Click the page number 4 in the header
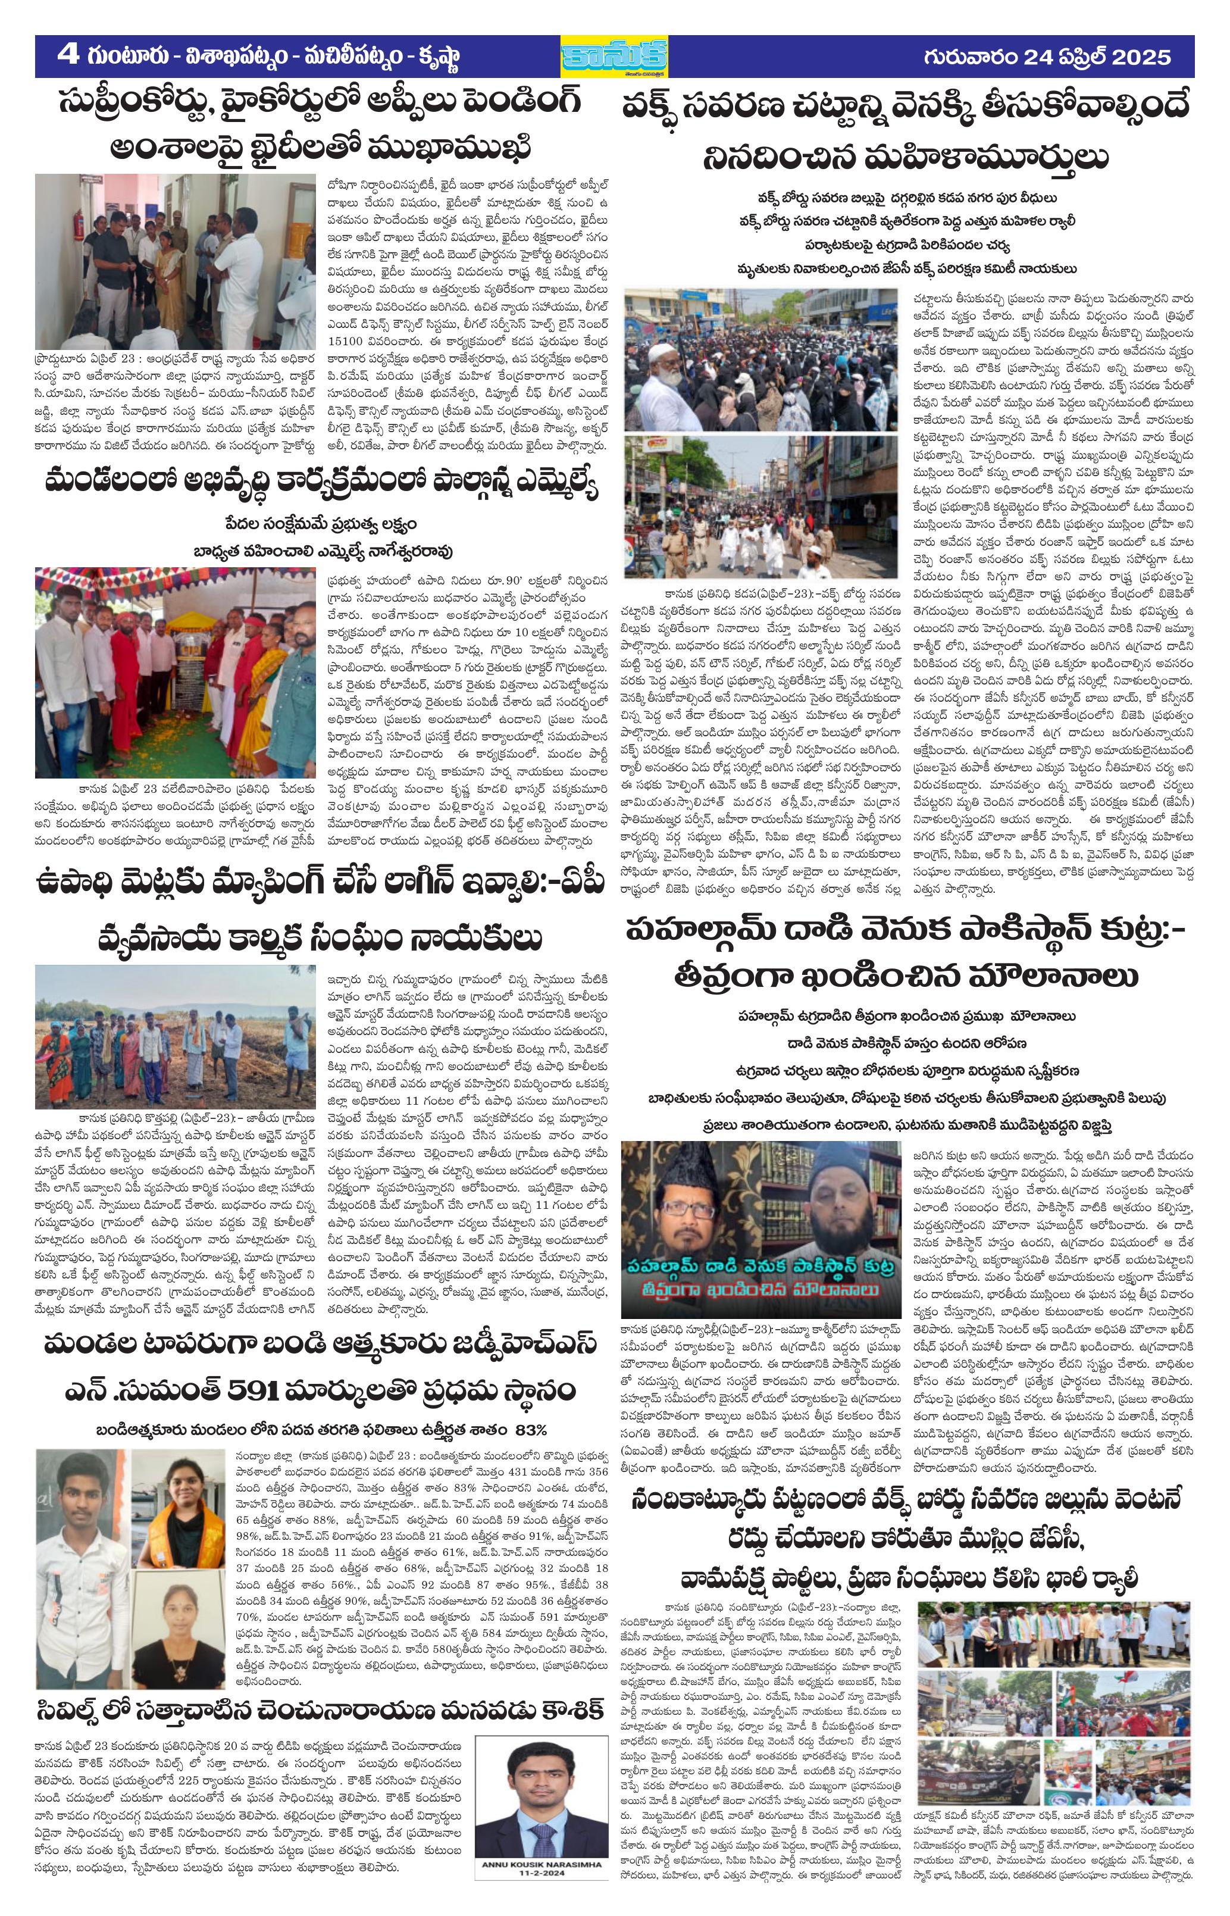coord(68,56)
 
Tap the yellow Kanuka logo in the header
coord(614,57)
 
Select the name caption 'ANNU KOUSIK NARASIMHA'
coord(542,1881)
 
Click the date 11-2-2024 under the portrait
coord(542,1890)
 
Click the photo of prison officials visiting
coord(176,261)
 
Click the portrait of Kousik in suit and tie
coord(542,1809)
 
